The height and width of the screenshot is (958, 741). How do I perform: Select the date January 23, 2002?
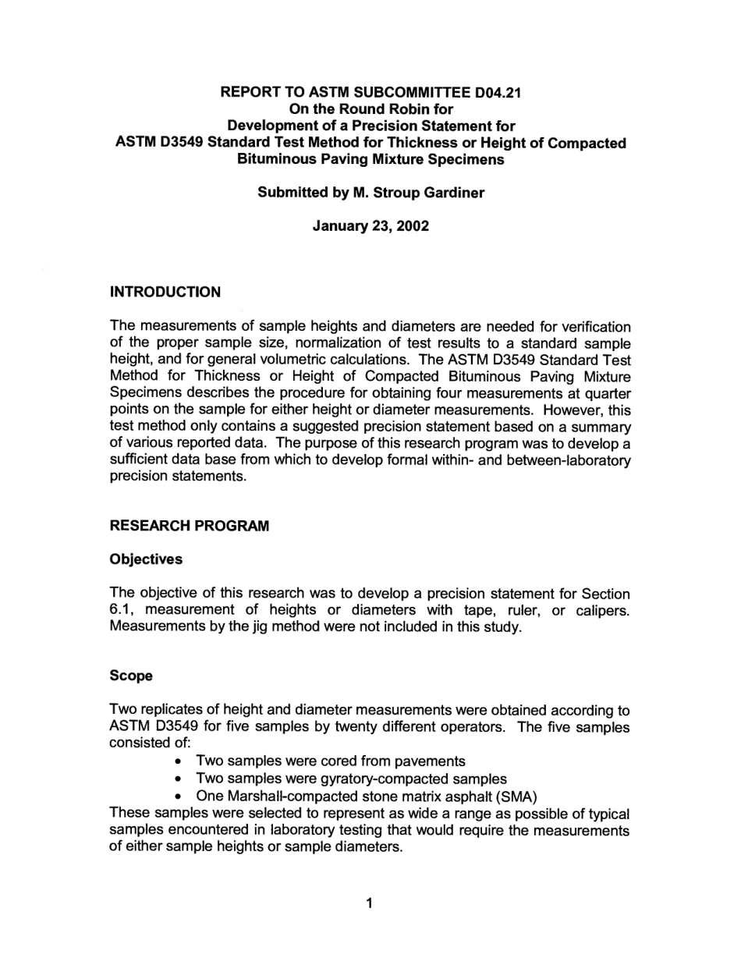tap(370, 226)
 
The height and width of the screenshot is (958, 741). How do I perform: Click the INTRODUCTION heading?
tap(165, 293)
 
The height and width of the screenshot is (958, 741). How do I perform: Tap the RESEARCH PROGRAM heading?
tap(190, 527)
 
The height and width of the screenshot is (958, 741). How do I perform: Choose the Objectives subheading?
tap(147, 559)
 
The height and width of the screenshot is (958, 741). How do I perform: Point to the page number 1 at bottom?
tap(370, 904)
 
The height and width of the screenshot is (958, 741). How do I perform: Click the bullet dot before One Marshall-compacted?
tap(180, 798)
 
